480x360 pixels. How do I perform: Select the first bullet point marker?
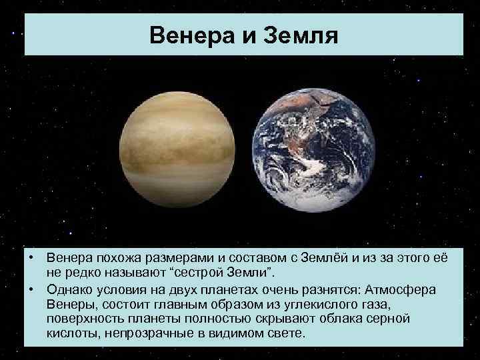(x=31, y=258)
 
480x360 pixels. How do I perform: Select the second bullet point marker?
(x=31, y=290)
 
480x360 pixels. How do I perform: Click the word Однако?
(x=70, y=290)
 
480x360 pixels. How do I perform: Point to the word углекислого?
(x=316, y=304)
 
